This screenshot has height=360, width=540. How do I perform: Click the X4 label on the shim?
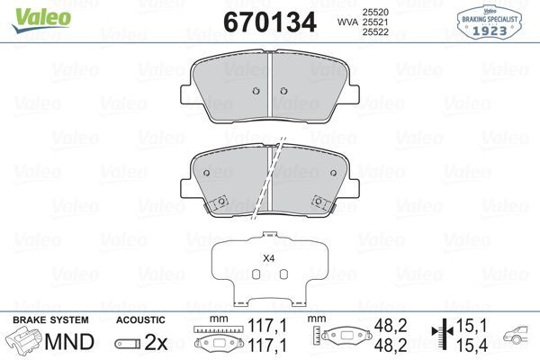[267, 258]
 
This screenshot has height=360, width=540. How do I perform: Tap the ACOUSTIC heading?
[140, 320]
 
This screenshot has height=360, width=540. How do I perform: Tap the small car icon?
[518, 337]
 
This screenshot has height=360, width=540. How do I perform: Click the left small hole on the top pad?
[256, 90]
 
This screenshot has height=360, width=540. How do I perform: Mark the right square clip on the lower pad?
[319, 202]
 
